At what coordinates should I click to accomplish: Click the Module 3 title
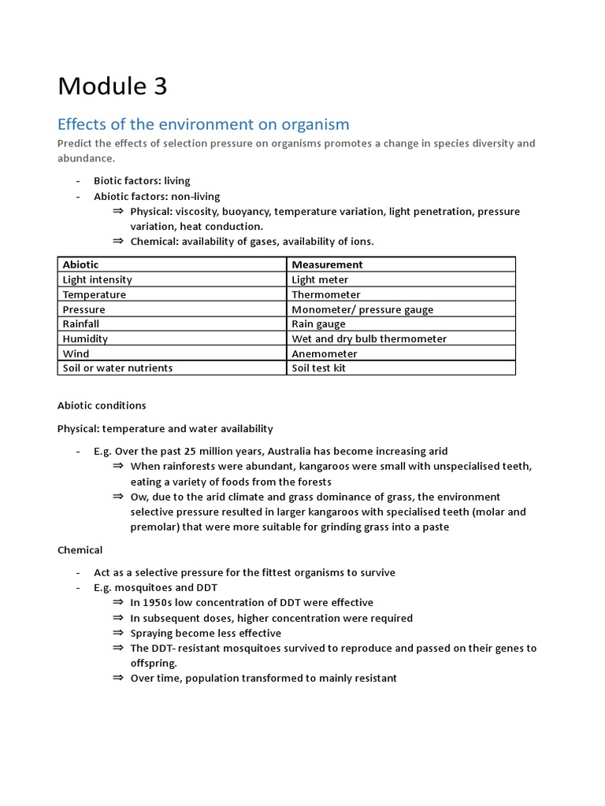112,86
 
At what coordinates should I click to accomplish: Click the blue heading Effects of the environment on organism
203,124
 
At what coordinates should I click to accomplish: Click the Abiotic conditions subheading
102,405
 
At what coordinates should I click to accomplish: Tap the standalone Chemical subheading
80,549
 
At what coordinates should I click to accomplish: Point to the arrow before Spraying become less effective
118,632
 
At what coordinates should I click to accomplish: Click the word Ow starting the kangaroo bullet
139,497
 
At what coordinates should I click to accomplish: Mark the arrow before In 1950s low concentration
118,602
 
